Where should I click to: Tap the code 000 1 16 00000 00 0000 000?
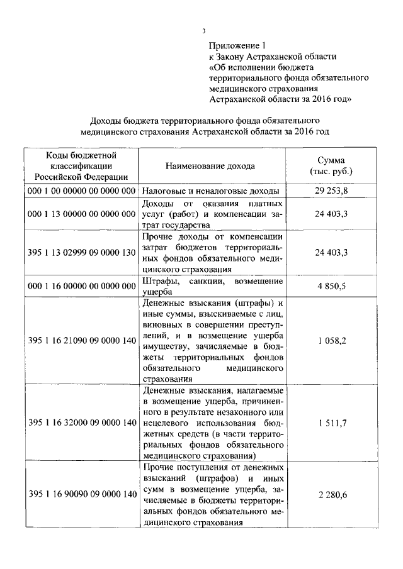(82, 285)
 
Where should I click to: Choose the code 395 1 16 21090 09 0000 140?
(82, 340)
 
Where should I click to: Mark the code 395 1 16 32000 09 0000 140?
(82, 422)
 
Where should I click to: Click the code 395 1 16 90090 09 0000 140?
(82, 494)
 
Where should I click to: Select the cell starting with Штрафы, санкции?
(212, 285)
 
